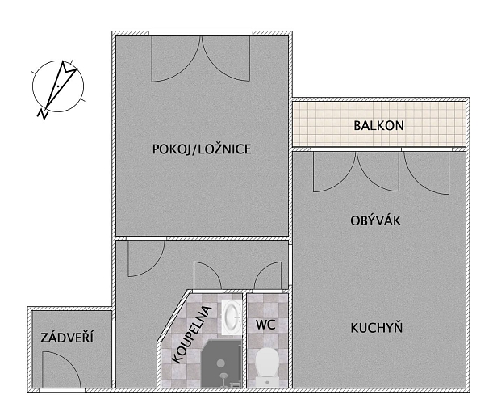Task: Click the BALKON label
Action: pyautogui.click(x=378, y=126)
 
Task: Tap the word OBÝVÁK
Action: pyautogui.click(x=376, y=220)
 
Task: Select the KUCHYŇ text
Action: pyautogui.click(x=377, y=327)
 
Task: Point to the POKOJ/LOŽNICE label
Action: pyautogui.click(x=202, y=149)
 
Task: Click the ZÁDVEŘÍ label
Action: pyautogui.click(x=67, y=337)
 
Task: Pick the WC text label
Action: pyautogui.click(x=265, y=325)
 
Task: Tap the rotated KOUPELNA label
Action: pyautogui.click(x=191, y=334)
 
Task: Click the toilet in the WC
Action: pyautogui.click(x=267, y=367)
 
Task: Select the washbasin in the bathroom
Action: pyautogui.click(x=232, y=317)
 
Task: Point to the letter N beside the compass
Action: pyautogui.click(x=43, y=114)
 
